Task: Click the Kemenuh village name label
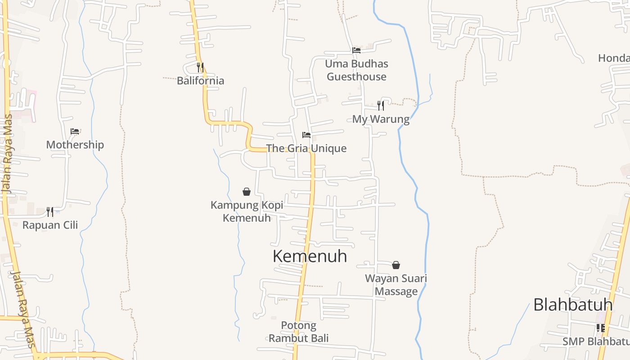(310, 256)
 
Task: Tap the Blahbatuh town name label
(573, 305)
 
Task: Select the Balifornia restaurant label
(200, 81)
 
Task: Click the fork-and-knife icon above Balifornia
(200, 67)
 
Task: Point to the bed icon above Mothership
(75, 131)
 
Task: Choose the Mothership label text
(75, 145)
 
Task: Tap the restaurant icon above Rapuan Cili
(50, 211)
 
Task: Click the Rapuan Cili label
(50, 225)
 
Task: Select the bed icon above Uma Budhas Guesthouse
(356, 50)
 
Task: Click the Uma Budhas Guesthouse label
(356, 70)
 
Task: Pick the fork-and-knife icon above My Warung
(381, 106)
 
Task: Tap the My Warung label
(381, 119)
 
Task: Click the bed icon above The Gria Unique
(306, 135)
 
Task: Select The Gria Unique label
(306, 148)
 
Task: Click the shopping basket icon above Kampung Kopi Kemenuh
(247, 192)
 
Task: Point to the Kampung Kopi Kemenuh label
(247, 211)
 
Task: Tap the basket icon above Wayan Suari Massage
(396, 265)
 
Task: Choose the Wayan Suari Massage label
(396, 285)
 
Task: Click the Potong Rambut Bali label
(299, 332)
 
